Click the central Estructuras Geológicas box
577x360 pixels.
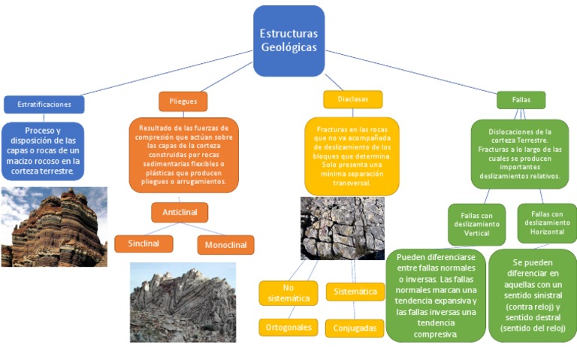point(288,41)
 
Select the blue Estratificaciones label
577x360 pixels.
point(44,104)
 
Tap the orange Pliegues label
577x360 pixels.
point(183,101)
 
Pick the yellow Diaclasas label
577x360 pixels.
point(352,99)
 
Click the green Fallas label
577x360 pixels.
point(521,99)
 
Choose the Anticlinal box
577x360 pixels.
point(180,212)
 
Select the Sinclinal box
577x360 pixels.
point(143,244)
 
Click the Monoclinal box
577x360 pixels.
point(225,244)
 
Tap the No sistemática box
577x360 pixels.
point(288,293)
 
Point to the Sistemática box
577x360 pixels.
point(355,291)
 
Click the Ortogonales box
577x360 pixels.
point(288,327)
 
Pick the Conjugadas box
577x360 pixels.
point(355,328)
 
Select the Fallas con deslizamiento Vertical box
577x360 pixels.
point(477,224)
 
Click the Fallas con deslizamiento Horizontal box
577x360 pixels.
point(547,223)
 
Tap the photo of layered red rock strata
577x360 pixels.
point(54,227)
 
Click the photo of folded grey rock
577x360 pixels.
point(183,301)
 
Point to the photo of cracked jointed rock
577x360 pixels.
point(342,228)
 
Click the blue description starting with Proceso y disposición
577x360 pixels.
point(44,151)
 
